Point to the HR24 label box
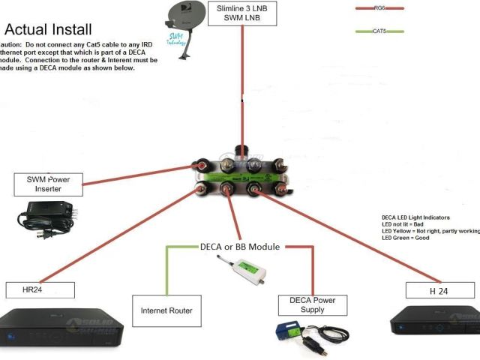[39, 290]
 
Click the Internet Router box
[166, 310]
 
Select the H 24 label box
[439, 291]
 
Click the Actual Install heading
[49, 30]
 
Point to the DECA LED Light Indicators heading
[420, 217]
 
